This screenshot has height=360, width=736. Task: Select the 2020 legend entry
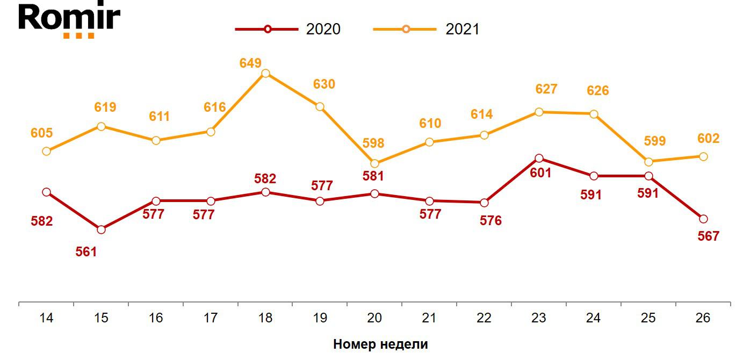[288, 29]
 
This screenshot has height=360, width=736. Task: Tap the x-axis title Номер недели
[380, 344]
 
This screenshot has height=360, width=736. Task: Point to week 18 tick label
[265, 318]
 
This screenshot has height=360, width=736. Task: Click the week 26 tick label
[703, 318]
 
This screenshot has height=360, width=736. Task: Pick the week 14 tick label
[47, 318]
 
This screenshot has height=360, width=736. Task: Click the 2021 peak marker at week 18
[265, 73]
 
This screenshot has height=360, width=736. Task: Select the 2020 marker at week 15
[102, 229]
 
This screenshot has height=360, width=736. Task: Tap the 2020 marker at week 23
[539, 159]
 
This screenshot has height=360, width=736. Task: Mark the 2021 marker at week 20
[374, 163]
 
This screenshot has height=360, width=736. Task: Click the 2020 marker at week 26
[703, 219]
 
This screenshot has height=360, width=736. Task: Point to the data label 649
[250, 63]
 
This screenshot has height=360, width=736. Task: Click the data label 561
[86, 251]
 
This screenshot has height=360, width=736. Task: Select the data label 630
[324, 84]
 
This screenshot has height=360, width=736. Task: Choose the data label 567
[708, 236]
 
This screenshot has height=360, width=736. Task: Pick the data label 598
[373, 143]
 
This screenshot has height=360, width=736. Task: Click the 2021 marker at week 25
[648, 162]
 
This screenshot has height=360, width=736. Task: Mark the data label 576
[490, 221]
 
